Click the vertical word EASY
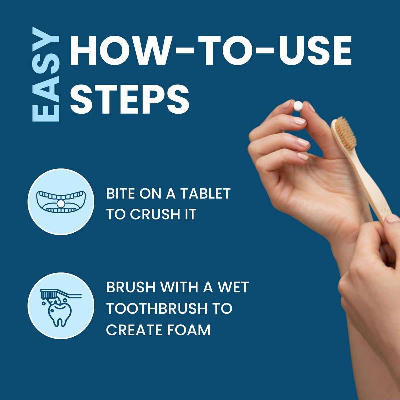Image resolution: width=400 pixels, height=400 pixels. click(x=46, y=74)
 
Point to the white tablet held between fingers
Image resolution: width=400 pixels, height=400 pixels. click(x=298, y=106)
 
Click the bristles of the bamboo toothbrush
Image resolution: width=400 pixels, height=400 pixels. click(x=346, y=133)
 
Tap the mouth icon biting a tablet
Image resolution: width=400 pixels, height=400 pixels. click(x=61, y=202)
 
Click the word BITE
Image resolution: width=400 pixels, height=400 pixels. click(x=120, y=193)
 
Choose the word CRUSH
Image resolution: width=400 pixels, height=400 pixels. click(x=155, y=214)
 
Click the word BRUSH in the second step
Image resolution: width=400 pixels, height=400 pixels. click(x=131, y=287)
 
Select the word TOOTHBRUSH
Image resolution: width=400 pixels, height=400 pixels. click(x=157, y=308)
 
